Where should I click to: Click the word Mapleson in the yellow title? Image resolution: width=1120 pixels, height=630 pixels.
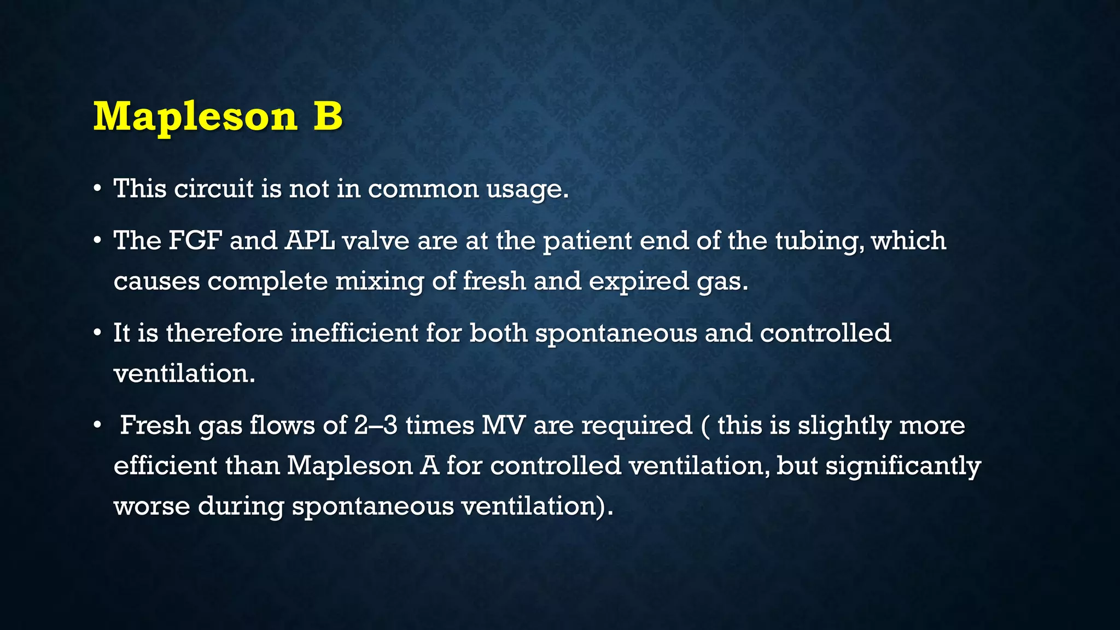195,116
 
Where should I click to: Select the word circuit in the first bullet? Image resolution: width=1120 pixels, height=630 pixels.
214,189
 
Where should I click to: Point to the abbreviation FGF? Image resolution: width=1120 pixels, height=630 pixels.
195,241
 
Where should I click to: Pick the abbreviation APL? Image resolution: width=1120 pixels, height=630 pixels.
310,241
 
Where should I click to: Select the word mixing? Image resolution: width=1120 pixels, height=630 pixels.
380,282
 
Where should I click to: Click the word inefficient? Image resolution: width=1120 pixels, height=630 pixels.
354,333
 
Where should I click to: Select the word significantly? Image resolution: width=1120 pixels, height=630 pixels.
903,466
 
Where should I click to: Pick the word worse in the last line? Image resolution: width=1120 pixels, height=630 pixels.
151,506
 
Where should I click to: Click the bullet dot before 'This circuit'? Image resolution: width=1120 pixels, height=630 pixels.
97,189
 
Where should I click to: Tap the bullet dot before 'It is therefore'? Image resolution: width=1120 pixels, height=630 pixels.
97,334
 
